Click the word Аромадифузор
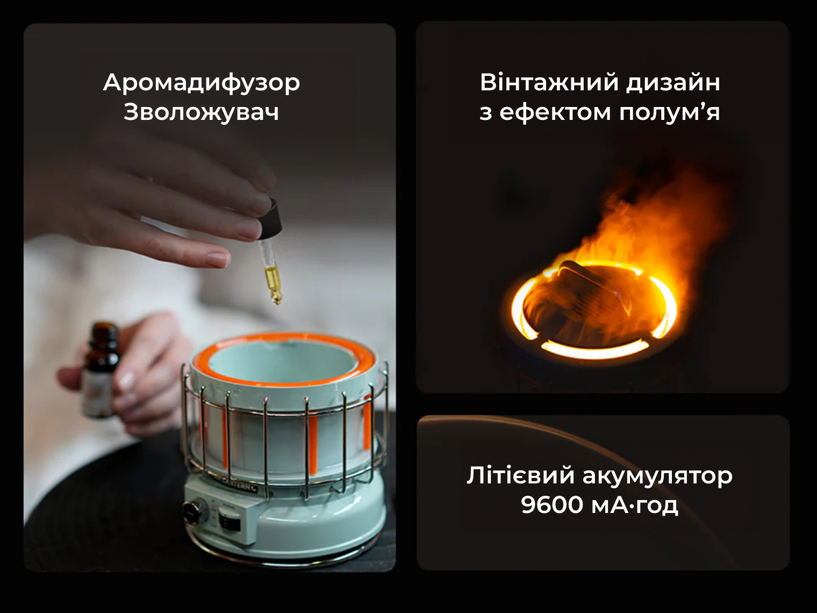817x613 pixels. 202,83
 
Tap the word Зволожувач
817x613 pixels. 202,112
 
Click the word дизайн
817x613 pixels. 673,83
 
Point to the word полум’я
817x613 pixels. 669,112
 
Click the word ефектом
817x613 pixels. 555,112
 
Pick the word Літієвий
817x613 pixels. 521,475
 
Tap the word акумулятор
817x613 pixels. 657,476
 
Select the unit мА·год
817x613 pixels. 634,505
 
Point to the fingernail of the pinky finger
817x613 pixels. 217,259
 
